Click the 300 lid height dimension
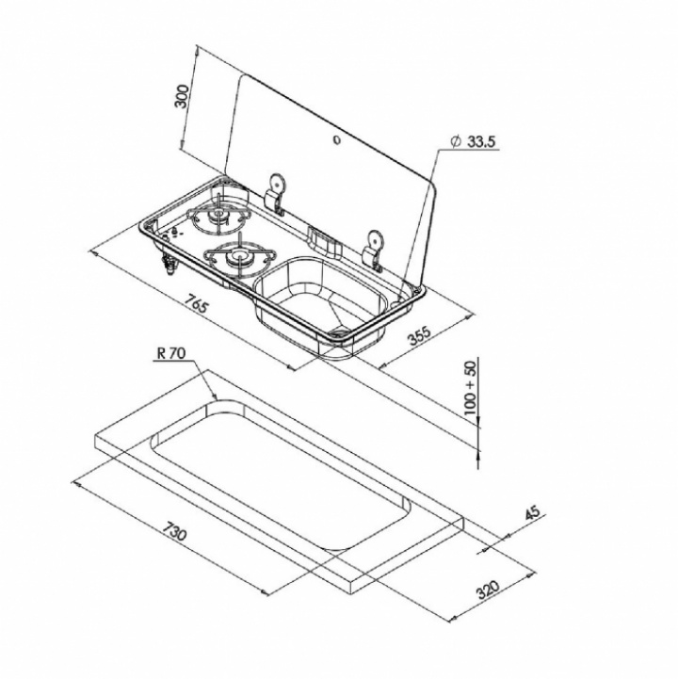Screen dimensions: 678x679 (x=182, y=96)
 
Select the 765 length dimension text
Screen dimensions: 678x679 (x=197, y=303)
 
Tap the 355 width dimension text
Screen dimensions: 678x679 (x=420, y=334)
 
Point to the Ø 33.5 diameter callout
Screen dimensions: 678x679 (x=473, y=141)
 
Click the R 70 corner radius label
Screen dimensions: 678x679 (x=171, y=353)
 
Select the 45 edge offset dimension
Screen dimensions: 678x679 (x=533, y=513)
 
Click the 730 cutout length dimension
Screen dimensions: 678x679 (x=175, y=530)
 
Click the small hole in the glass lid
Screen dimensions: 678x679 (x=336, y=140)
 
